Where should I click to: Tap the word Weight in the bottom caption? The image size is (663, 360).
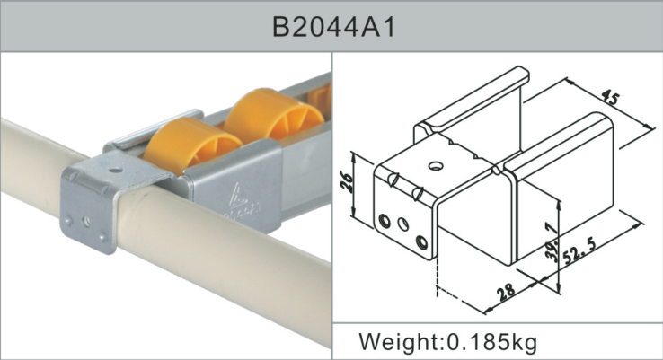[393, 342]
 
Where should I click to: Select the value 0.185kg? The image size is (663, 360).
[489, 342]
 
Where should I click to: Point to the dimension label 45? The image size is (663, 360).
[610, 96]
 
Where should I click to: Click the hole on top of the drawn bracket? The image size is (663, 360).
[436, 165]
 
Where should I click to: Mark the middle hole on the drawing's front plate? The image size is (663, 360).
[403, 224]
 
